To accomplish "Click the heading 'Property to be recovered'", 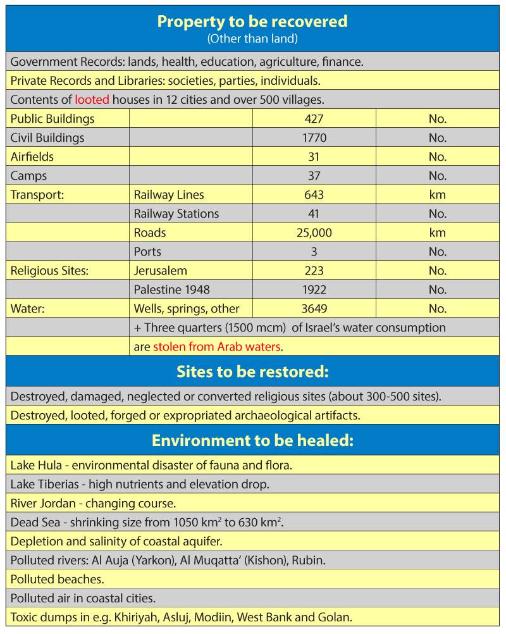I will pos(252,22).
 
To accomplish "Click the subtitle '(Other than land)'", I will pos(252,39).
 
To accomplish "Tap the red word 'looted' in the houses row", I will pos(92,100).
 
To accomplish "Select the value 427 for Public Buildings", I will pos(314,119).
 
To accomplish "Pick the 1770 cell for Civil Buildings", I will pos(314,138).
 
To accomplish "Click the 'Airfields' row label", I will pos(32,157).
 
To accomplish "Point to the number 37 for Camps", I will pos(314,176).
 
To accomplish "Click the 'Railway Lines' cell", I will pos(169,195).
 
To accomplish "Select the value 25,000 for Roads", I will pos(314,233).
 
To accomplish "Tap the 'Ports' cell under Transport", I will pos(147,252).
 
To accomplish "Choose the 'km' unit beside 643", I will pos(437,195).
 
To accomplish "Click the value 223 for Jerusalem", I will pos(314,271).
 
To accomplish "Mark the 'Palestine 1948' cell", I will pos(171,290).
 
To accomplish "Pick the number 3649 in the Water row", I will pos(314,309).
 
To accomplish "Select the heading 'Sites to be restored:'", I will pos(252,371).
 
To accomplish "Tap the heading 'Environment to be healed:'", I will pos(252,440).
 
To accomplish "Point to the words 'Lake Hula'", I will pos(37,465).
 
